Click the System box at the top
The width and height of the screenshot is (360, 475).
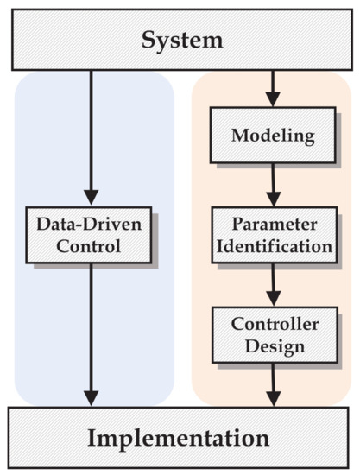(180, 40)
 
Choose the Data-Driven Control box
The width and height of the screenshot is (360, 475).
(90, 235)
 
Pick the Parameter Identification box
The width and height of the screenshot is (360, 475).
(273, 235)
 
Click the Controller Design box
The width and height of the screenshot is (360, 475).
(273, 335)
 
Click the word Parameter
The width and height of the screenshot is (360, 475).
(273, 225)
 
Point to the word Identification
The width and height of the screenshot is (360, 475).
(273, 246)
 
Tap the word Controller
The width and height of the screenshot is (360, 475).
(273, 325)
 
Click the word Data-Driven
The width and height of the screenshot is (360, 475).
(90, 225)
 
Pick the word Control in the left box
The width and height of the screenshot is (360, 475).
(90, 246)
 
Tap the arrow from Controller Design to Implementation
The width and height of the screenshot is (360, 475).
(273, 383)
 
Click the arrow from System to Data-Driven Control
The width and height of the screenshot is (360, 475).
(90, 130)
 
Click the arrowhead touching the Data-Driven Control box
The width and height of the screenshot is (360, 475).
(90, 197)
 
